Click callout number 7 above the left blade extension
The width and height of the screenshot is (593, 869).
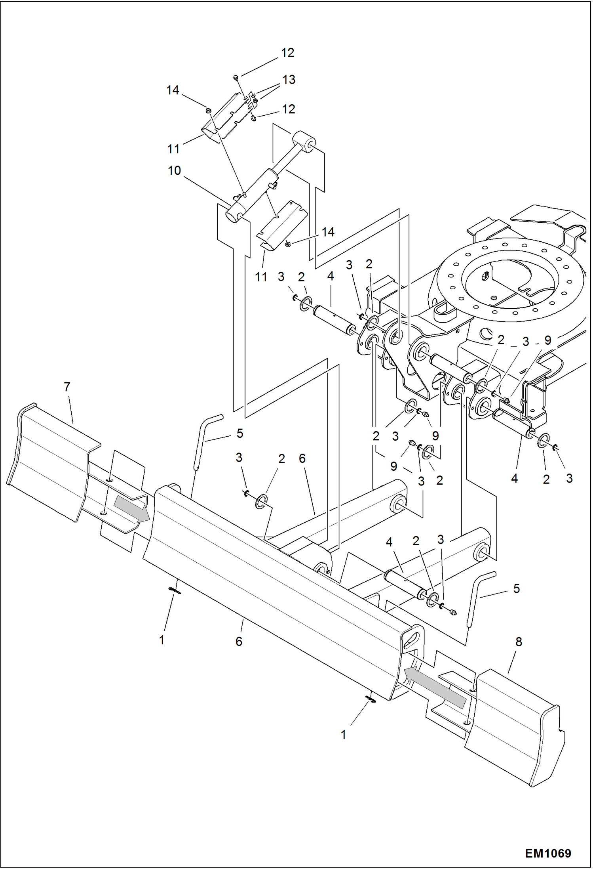pyautogui.click(x=67, y=387)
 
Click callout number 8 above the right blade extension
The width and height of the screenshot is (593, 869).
pyautogui.click(x=519, y=642)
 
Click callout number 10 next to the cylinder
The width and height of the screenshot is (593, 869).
pyautogui.click(x=174, y=171)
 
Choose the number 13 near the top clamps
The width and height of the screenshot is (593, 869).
pyautogui.click(x=289, y=80)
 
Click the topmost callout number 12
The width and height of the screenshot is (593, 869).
pyautogui.click(x=287, y=53)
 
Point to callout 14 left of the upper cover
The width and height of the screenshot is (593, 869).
pyautogui.click(x=173, y=90)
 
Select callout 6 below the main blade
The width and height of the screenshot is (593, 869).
pyautogui.click(x=239, y=641)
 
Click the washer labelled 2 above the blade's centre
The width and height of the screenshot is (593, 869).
pyautogui.click(x=261, y=501)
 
